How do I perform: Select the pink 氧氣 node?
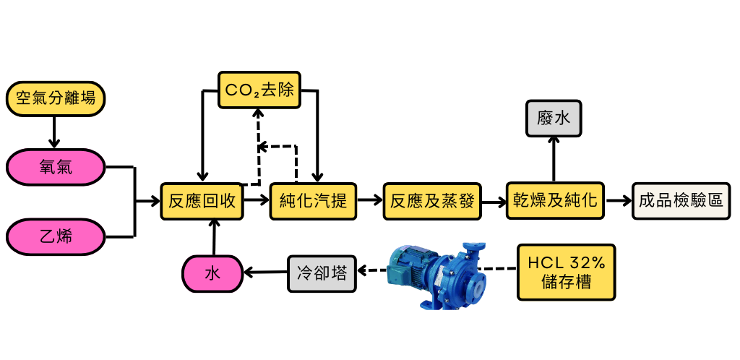pos(55,168)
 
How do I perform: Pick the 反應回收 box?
pos(202,201)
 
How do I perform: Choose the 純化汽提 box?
pos(314,201)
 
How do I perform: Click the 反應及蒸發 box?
pos(432,201)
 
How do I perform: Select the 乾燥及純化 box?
pos(555,201)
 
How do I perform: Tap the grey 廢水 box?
pos(554,119)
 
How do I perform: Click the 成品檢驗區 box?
pos(679,201)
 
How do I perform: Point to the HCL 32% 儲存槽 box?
pos(566,272)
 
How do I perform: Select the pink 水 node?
pos(212,273)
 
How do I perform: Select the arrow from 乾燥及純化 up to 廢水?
pos(554,159)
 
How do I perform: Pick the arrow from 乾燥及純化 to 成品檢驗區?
pos(617,201)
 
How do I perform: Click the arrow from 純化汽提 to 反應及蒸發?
pos(371,201)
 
